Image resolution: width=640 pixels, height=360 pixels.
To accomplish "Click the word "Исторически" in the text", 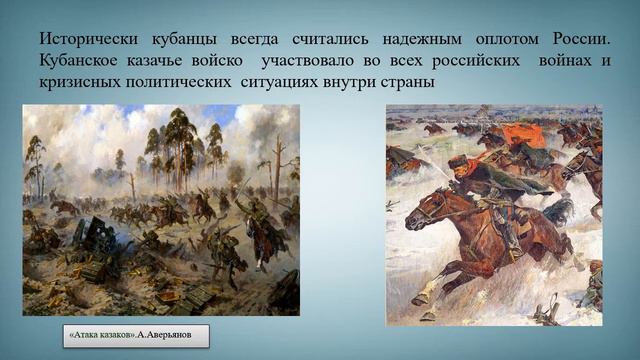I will [91, 38].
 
